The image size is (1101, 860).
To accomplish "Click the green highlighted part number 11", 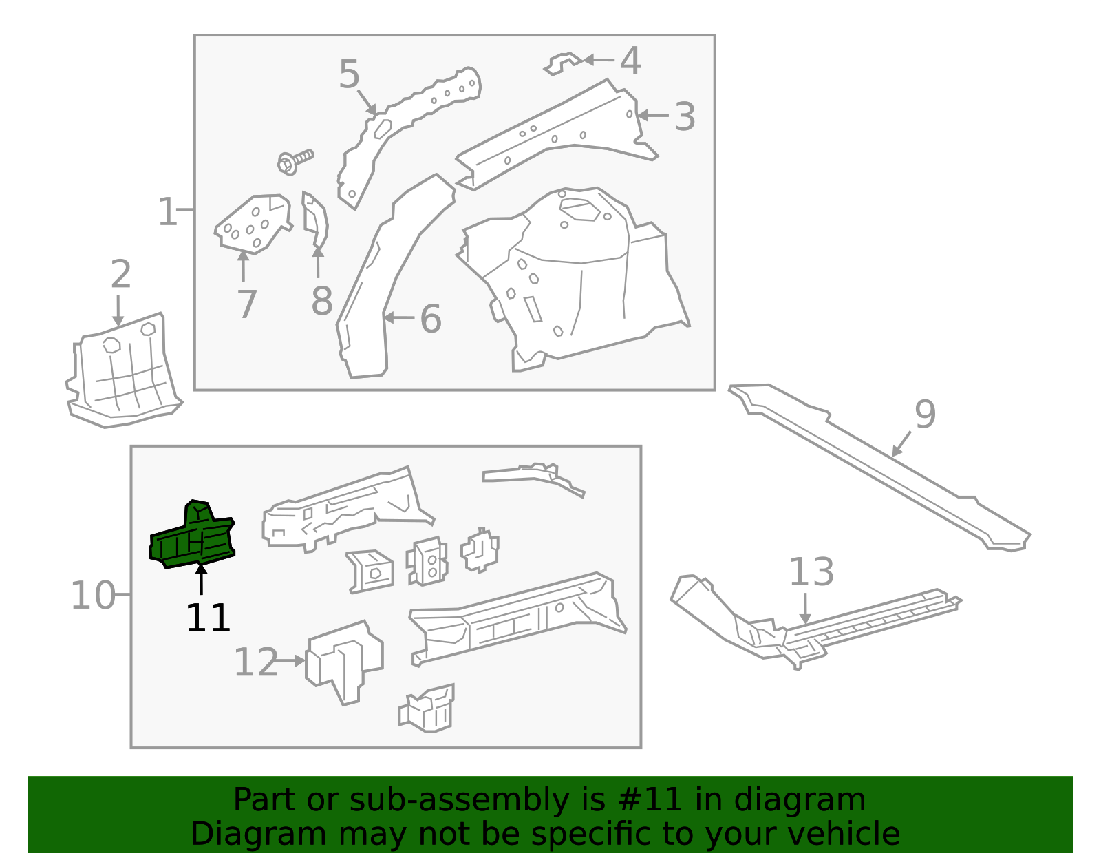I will click(x=193, y=538).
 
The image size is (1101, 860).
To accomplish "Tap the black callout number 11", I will click(x=208, y=618).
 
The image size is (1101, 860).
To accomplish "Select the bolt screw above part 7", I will click(x=295, y=162).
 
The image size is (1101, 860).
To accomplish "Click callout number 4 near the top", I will click(x=630, y=61).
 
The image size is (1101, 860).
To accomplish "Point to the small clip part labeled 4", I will click(x=563, y=64).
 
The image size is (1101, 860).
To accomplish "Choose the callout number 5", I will click(x=350, y=74).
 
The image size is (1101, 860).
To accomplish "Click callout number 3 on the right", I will click(x=684, y=116).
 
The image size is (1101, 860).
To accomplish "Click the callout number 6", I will click(x=430, y=319).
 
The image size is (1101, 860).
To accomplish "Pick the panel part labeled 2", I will click(x=124, y=372).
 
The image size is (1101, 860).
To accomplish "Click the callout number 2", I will click(x=120, y=275).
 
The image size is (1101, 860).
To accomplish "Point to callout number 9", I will click(x=925, y=415).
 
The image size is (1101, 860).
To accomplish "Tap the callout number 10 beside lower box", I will click(x=93, y=596).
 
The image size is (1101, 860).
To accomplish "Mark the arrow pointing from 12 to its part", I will click(x=292, y=660).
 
